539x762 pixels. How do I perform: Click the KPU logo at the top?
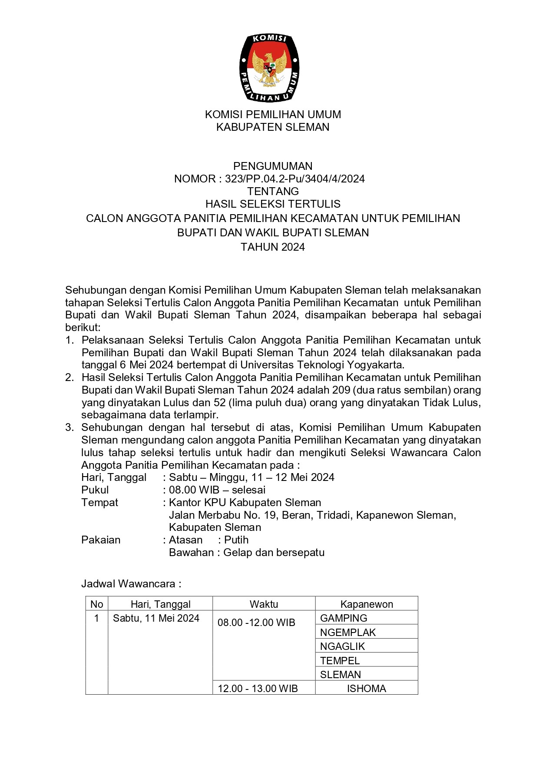[x=269, y=68]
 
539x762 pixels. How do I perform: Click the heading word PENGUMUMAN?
[x=273, y=166]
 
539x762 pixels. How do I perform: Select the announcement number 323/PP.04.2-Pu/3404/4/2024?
[x=295, y=179]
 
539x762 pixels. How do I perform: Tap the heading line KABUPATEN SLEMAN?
[x=273, y=127]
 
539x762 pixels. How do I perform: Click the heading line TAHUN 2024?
[x=273, y=247]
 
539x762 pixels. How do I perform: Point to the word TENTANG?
[x=273, y=191]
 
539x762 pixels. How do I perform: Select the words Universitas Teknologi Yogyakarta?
[x=321, y=364]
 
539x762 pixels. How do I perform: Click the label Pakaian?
[x=101, y=540]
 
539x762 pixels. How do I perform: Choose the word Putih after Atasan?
[x=236, y=540]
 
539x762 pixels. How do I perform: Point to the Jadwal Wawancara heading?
[x=131, y=584]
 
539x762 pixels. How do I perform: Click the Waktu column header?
[x=264, y=604]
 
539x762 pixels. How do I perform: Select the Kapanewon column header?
[x=367, y=604]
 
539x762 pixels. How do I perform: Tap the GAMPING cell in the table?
[x=344, y=618]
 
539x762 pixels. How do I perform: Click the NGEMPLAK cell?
[x=348, y=633]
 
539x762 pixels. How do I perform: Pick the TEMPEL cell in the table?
[x=340, y=661]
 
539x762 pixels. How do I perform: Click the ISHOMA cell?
[x=367, y=689]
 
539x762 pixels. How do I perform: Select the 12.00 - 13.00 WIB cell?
[x=258, y=689]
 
